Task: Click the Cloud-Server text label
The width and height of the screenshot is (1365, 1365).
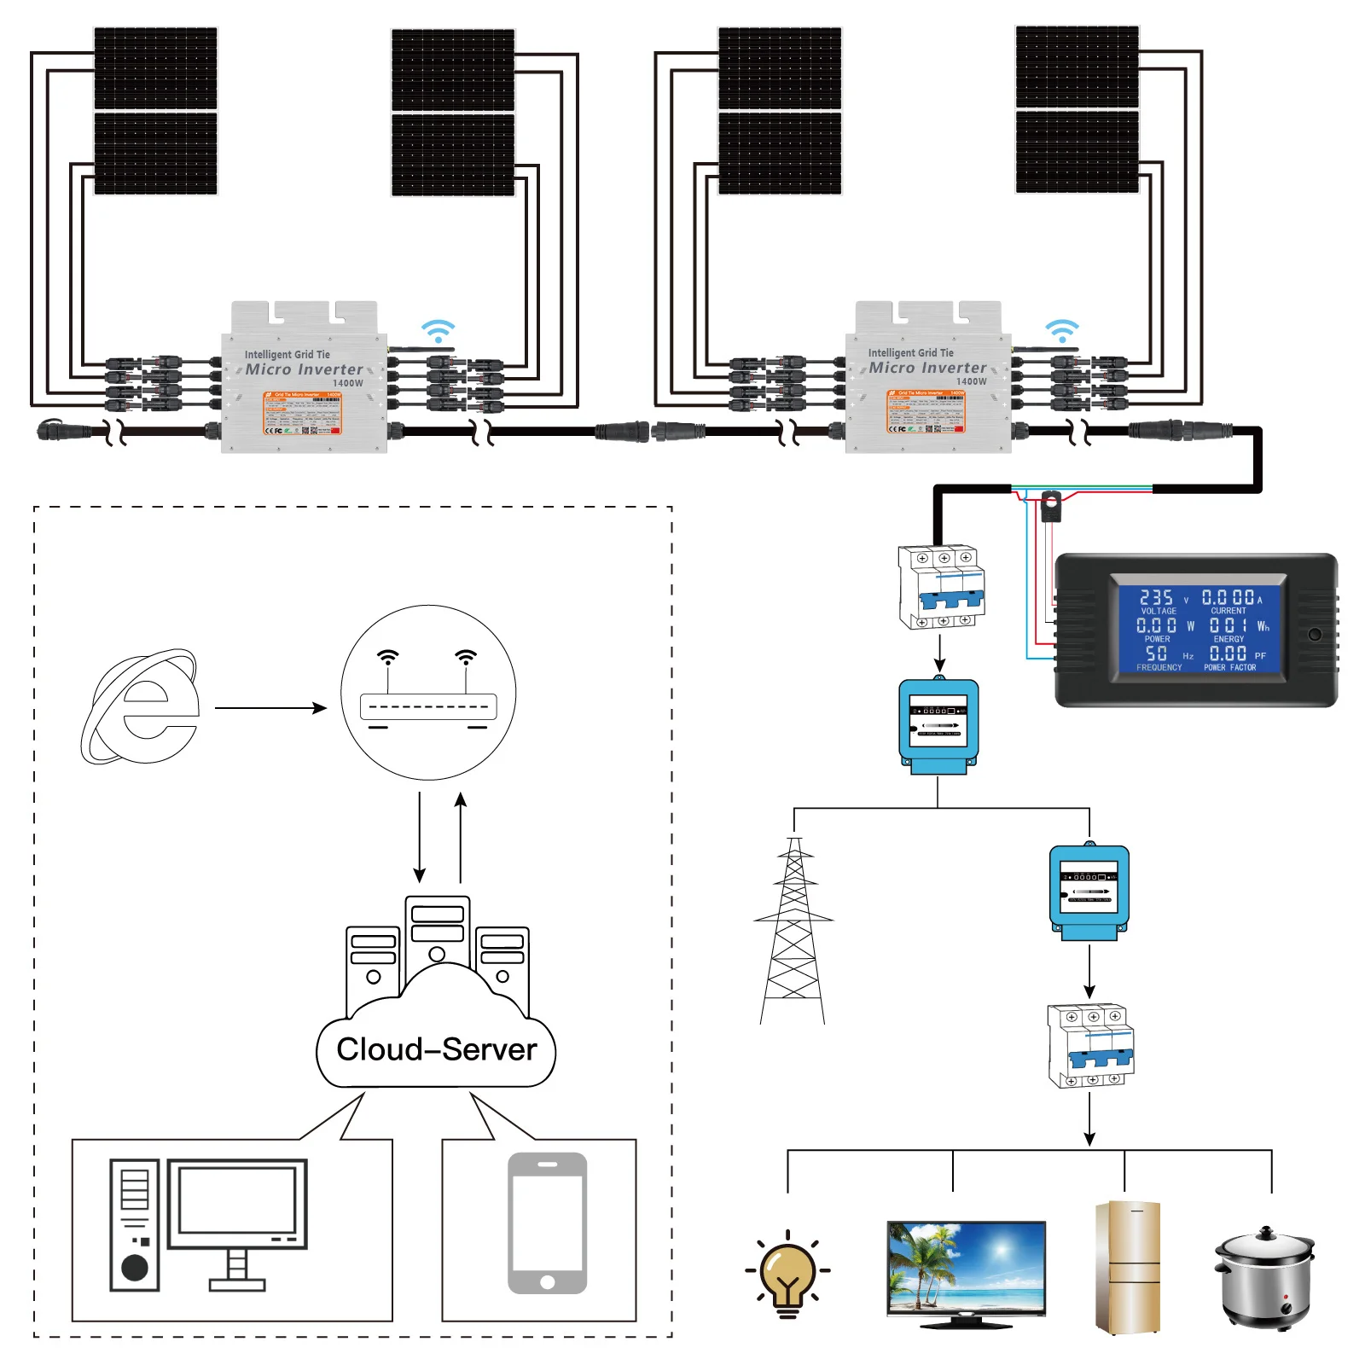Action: pos(436,1049)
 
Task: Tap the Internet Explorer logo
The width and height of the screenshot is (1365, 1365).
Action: pos(142,707)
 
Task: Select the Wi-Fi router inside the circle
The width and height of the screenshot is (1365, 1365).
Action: pos(428,706)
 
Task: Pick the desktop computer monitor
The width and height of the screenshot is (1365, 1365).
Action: pos(236,1204)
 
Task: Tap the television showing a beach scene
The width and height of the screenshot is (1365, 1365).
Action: pos(966,1270)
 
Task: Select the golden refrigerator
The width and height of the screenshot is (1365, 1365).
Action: pos(1127,1267)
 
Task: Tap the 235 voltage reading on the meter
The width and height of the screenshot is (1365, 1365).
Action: pos(1156,598)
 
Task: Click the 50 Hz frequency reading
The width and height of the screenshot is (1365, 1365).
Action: pos(1156,653)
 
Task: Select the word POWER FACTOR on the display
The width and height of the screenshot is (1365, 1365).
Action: pos(1229,668)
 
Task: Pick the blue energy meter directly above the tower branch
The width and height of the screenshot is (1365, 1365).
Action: pos(938,726)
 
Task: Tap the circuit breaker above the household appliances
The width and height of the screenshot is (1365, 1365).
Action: pos(1090,1045)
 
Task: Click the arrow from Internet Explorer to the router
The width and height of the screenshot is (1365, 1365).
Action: pos(270,708)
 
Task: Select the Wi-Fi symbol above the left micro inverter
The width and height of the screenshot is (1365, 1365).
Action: pos(438,331)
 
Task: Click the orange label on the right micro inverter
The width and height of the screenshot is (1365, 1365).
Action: pos(926,412)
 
